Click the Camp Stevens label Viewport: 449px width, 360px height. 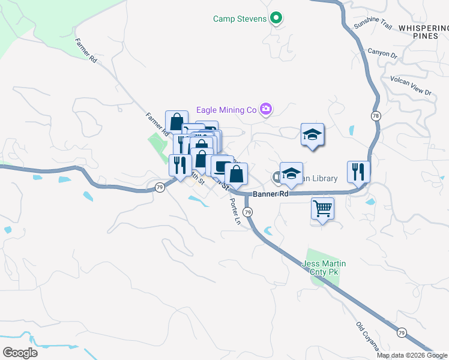240,19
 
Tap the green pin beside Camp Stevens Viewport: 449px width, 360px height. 276,19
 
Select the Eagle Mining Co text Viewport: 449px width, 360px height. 226,110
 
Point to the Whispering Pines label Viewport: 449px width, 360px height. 423,32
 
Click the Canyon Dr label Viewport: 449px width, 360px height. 382,53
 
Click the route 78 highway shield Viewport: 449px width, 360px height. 376,115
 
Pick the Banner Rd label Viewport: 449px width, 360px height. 271,194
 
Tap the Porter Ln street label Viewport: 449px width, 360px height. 235,212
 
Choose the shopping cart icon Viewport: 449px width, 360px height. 323,209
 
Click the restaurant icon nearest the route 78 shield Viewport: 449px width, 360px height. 358,171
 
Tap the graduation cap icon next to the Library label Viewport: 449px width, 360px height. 291,173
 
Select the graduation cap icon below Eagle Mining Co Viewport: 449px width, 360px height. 312,134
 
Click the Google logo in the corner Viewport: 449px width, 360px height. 20,352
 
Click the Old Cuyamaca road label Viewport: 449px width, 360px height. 367,336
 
